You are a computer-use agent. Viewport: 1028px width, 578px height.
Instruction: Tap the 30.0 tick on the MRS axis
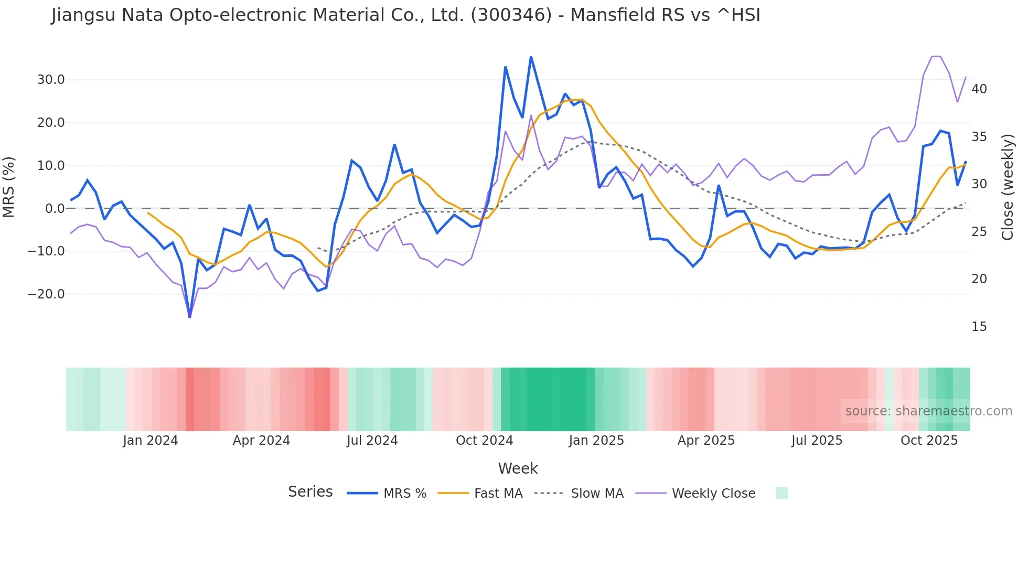(51, 80)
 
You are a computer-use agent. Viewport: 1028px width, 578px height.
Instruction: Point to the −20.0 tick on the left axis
(46, 294)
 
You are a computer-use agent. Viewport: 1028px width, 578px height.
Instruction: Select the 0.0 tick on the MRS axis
(55, 209)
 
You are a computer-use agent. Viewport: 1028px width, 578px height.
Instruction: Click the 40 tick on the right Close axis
(979, 89)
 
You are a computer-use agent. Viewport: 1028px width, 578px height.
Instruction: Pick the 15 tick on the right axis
(979, 327)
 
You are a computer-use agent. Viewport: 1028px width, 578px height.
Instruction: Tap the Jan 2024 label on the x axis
(151, 441)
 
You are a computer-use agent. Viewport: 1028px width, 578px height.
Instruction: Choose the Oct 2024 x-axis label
(484, 441)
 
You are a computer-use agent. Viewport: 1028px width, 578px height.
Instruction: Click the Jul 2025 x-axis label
(817, 441)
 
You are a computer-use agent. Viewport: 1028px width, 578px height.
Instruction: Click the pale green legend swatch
(781, 493)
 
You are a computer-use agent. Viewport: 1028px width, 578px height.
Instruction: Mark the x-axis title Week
(518, 468)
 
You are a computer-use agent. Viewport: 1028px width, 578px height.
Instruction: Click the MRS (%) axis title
(9, 187)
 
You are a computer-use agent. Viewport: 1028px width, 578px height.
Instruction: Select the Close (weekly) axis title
(1007, 187)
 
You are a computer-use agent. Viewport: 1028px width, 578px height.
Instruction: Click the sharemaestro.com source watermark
(928, 411)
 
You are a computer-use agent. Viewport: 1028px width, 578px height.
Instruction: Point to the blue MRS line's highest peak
(531, 57)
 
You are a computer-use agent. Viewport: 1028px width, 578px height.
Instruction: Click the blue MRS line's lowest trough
(190, 317)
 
